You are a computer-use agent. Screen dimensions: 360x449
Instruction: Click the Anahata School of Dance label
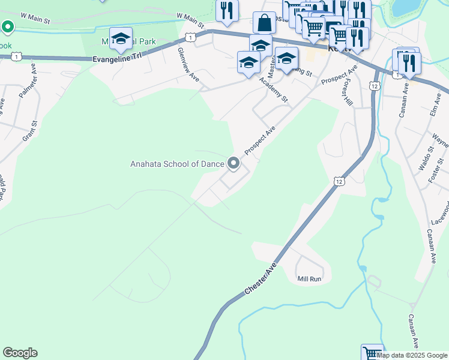point(177,163)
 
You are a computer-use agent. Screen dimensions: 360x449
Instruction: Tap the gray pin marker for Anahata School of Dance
point(233,163)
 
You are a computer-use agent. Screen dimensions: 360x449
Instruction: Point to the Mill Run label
point(310,279)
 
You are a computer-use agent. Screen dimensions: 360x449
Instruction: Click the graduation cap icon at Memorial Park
point(121,38)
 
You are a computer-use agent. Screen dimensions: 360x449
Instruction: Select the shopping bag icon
point(264,23)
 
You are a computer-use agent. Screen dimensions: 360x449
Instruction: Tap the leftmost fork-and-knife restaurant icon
point(226,11)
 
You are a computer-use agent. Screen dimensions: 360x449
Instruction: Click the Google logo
point(20,353)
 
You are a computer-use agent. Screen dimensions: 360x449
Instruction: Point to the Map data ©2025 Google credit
point(412,355)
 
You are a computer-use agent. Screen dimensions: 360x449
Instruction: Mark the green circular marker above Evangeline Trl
point(7,27)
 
